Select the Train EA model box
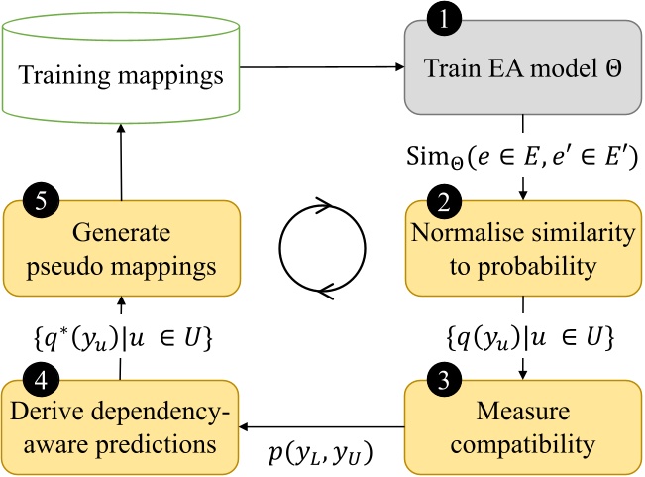tap(521, 69)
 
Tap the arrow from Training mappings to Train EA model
tap(321, 68)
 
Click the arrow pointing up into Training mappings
tap(122, 158)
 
